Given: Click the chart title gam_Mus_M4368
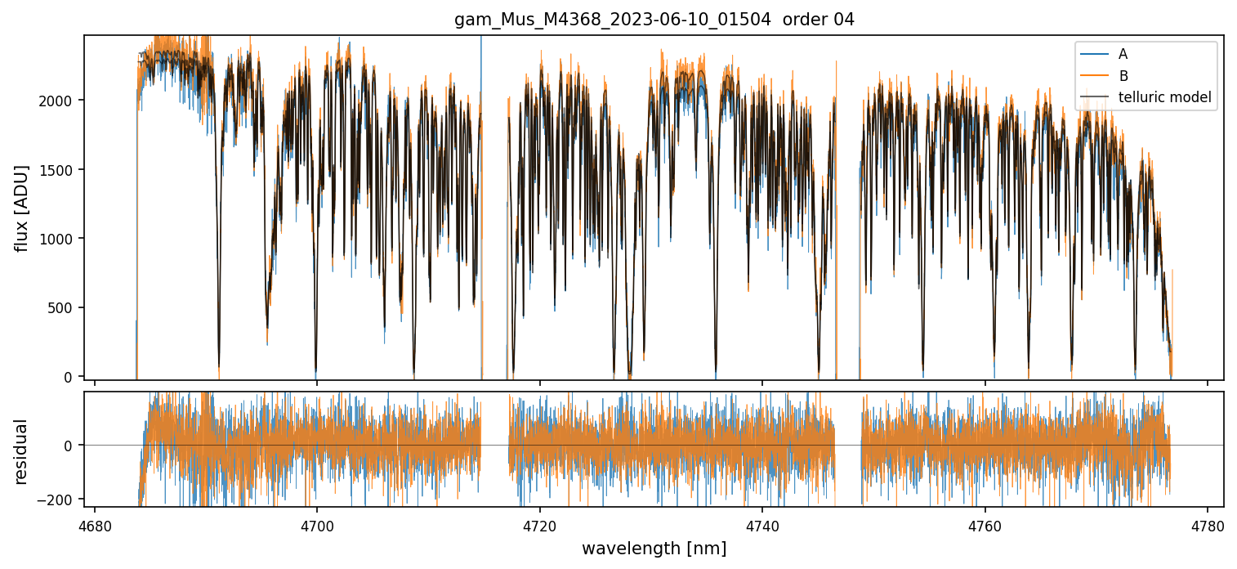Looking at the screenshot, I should (654, 20).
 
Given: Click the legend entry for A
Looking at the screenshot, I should (1123, 54).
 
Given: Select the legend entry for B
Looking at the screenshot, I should (1123, 76).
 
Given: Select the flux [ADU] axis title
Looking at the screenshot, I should (21, 208).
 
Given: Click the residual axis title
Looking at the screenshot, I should (21, 450).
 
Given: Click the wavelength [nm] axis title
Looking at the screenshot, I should (654, 549).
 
